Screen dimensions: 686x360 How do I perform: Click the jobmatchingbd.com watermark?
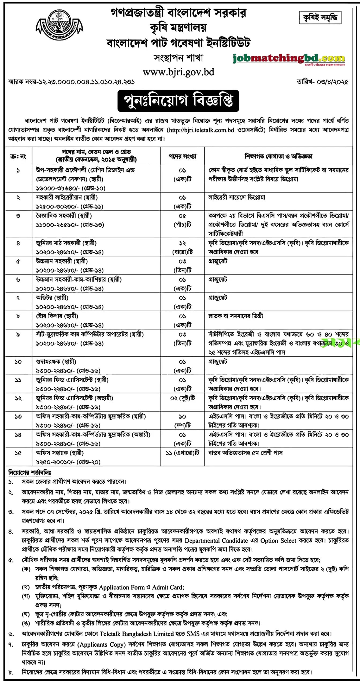click(288, 58)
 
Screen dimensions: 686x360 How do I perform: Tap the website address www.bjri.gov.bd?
click(179, 72)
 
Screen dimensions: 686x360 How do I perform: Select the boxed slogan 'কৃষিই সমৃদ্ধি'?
click(320, 18)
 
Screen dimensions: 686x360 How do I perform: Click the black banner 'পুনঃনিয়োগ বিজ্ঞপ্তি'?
click(178, 101)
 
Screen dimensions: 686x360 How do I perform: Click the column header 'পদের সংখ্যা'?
click(182, 156)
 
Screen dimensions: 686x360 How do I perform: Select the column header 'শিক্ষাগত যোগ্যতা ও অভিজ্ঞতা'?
click(278, 156)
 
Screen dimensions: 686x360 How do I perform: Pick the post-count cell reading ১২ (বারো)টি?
click(182, 247)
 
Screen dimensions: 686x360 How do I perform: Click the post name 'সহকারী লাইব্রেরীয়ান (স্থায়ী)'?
click(67, 197)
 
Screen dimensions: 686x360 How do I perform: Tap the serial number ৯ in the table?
click(18, 334)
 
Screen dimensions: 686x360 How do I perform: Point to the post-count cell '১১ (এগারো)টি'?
click(182, 453)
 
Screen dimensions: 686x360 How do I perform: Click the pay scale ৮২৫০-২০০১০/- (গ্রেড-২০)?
click(68, 462)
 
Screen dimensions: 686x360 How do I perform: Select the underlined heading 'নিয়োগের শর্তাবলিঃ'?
click(29, 472)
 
